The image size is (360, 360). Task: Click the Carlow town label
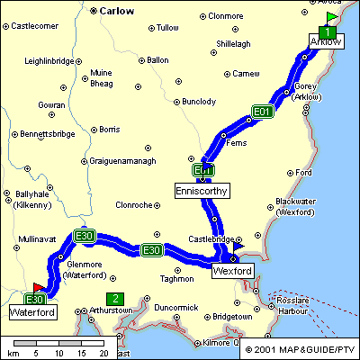pyautogui.click(x=116, y=12)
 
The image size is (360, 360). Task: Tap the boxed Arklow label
pyautogui.click(x=325, y=42)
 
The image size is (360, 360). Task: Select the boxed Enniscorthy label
pyautogui.click(x=202, y=190)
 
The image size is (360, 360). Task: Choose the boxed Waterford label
pyautogui.click(x=32, y=312)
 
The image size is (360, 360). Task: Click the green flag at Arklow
pyautogui.click(x=332, y=17)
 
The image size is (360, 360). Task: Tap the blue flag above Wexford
pyautogui.click(x=238, y=246)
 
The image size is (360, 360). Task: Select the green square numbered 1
pyautogui.click(x=329, y=31)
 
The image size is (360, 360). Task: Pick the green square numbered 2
pyautogui.click(x=114, y=298)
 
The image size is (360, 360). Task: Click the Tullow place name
pyautogui.click(x=167, y=28)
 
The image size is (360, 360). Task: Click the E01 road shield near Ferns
pyautogui.click(x=262, y=112)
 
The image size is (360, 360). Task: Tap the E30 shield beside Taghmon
pyautogui.click(x=151, y=250)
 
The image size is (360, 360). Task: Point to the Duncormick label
pyautogui.click(x=175, y=308)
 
